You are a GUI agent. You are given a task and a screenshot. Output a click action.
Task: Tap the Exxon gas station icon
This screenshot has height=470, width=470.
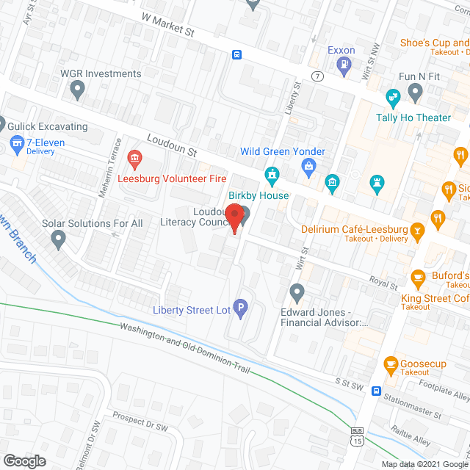coord(342,65)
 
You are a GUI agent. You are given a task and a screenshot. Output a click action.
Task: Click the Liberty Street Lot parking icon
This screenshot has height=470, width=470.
coord(239,311)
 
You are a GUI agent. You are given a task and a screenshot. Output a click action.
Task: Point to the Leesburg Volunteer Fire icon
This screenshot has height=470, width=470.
coord(134,158)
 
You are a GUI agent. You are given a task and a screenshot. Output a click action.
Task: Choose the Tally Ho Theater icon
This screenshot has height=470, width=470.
coord(392,96)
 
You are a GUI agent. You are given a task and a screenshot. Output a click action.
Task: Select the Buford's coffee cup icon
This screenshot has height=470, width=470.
coord(418,277)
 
